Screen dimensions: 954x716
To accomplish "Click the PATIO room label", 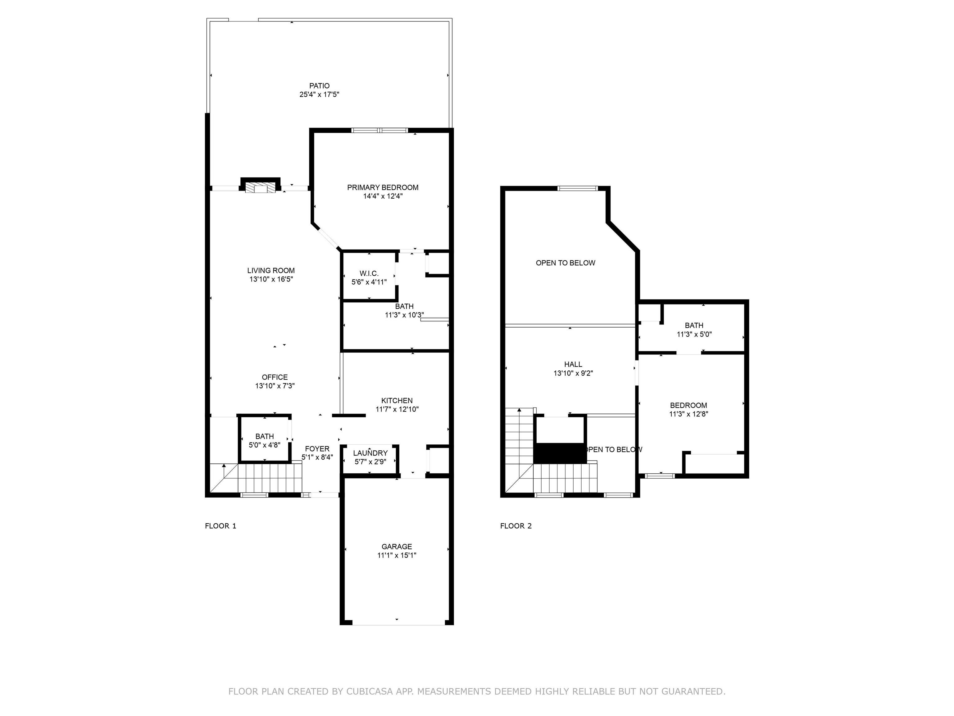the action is pos(319,86).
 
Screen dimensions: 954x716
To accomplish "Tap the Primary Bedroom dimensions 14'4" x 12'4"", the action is pos(383,196).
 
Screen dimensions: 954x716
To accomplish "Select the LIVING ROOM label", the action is pos(271,271).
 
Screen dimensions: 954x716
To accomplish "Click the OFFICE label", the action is pos(275,377).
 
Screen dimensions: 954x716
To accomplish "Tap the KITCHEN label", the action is pos(397,401).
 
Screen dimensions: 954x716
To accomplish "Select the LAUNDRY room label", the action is pos(370,453).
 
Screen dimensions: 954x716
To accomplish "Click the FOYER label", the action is pos(317,449).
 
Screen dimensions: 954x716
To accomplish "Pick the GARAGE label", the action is pos(397,546).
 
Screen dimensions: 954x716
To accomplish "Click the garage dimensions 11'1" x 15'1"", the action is pos(397,555).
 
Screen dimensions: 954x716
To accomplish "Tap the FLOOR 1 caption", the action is pos(220,526).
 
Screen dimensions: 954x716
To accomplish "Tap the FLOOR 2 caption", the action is pos(516,526).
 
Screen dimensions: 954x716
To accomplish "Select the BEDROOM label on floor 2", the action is pos(688,405).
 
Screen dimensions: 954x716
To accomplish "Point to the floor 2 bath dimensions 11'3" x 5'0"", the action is pos(694,334).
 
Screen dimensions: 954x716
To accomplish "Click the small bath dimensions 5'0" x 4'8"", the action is pos(264,445).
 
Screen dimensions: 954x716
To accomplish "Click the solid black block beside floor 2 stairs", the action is pos(560,453).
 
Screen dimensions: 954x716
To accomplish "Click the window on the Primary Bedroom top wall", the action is pos(379,130).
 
